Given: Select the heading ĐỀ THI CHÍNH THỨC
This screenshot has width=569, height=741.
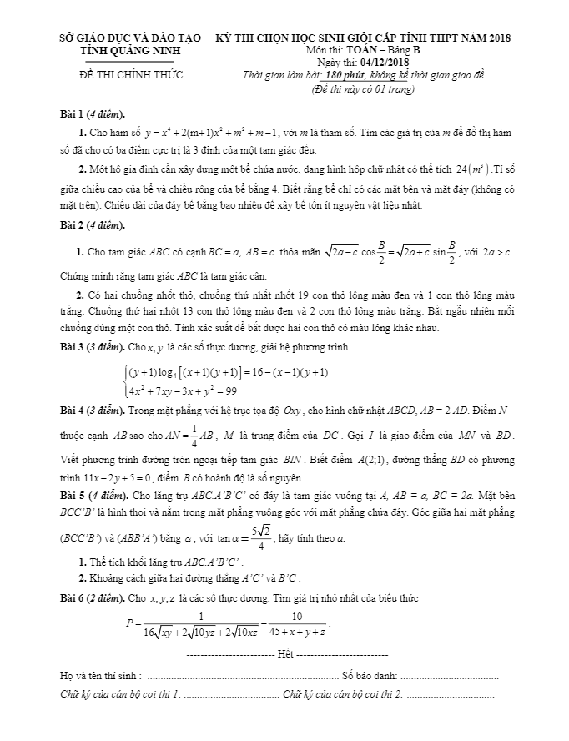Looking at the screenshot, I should pos(118,77).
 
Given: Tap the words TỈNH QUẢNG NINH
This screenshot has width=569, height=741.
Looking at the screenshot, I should pos(118,50).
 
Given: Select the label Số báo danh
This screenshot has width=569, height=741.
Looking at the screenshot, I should pos(370,673).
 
